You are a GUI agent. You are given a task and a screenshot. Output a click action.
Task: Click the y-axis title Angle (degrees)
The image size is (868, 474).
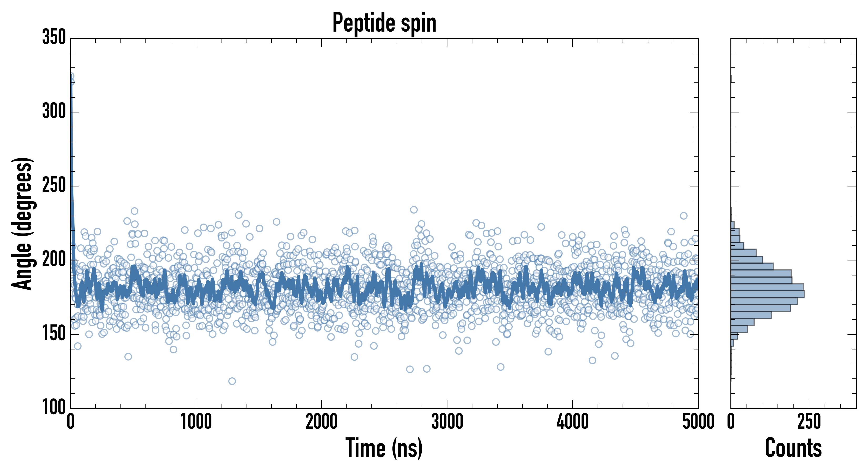[22, 223]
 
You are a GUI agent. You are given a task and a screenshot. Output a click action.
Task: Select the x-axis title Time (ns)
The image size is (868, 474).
[384, 448]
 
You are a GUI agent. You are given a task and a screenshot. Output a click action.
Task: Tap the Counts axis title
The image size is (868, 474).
[793, 448]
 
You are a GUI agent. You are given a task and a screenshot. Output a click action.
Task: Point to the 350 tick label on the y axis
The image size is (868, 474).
[54, 37]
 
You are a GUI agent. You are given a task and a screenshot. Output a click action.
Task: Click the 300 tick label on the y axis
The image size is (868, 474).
[54, 111]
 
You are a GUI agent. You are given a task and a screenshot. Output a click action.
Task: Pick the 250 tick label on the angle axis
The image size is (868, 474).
[54, 186]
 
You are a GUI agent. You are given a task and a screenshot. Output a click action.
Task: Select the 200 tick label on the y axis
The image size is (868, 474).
[54, 260]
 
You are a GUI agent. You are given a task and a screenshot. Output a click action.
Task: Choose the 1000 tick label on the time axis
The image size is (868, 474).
[196, 422]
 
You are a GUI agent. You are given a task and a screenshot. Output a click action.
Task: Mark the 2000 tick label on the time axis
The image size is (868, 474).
[321, 422]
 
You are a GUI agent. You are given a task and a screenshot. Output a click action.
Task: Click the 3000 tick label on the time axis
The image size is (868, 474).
[447, 422]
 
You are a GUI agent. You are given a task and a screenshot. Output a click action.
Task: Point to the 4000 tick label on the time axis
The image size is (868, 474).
[573, 422]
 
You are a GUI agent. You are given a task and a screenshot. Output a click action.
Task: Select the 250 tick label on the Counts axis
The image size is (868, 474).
[809, 422]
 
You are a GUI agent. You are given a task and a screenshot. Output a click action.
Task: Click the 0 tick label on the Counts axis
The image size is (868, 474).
[731, 422]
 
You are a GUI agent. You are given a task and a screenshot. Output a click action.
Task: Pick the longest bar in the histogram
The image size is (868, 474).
[768, 294]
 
